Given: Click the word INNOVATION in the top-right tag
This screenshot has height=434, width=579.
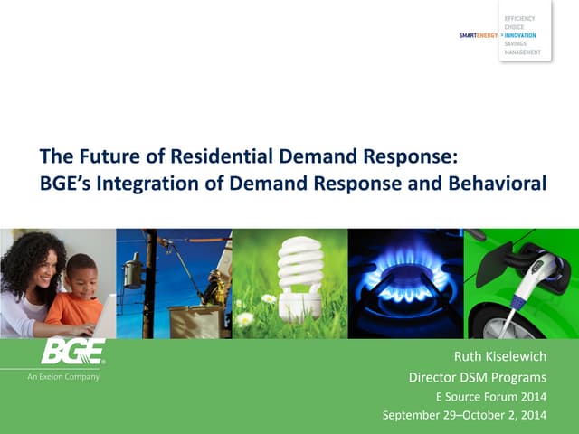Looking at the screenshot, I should click(x=519, y=35).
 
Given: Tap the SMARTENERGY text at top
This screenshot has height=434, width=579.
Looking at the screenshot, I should click(x=479, y=35).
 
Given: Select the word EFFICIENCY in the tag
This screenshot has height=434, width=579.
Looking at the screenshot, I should click(x=520, y=18).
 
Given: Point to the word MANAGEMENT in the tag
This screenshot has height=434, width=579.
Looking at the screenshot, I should click(x=523, y=52).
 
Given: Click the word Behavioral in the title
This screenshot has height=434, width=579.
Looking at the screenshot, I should click(x=498, y=184).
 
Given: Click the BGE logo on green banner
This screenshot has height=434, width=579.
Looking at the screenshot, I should click(x=72, y=352).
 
